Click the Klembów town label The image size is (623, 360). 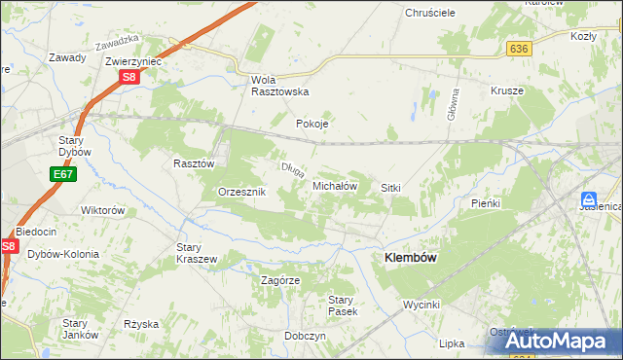click(410, 257)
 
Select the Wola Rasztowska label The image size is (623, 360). click(279, 86)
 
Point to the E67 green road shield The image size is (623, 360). click(62, 174)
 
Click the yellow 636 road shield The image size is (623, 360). click(518, 48)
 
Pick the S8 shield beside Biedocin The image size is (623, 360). click(9, 247)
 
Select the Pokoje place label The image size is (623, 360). click(312, 125)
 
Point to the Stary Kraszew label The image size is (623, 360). click(196, 253)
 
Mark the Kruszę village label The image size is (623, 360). click(507, 90)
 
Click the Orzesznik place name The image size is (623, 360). click(241, 193)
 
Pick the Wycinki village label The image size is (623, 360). click(422, 305)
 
